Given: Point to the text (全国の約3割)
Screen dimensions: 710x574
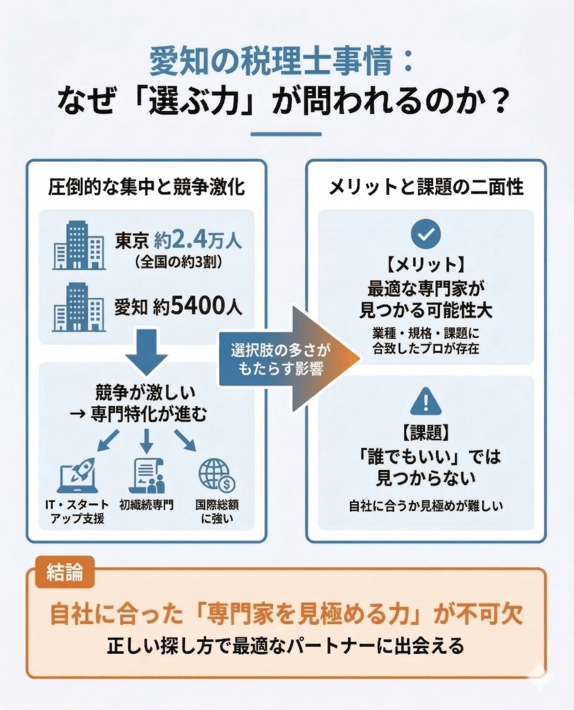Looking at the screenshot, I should point(178,263).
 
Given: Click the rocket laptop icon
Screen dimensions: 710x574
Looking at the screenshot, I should point(78,476).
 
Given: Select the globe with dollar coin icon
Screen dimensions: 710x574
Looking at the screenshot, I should point(216,476).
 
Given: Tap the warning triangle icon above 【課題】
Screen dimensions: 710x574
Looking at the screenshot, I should point(426,402).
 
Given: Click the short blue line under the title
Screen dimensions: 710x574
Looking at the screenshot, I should point(286,134).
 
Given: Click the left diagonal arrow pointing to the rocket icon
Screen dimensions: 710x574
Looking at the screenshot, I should point(109,440).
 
